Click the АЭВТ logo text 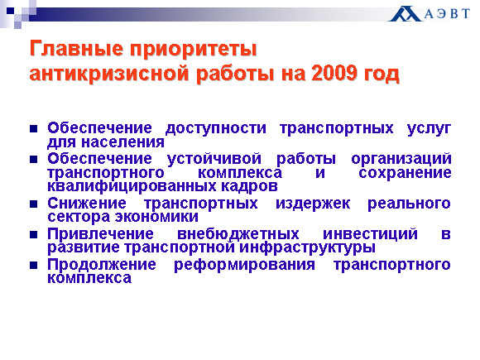coord(447,14)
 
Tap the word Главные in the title coord(76,48)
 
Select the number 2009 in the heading coord(334,73)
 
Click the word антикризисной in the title coord(109,74)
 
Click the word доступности coord(216,128)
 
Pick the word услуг coord(429,128)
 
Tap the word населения coord(123,142)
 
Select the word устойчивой coord(214,159)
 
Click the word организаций coord(401,159)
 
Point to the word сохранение coord(405,173)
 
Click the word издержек coord(313,204)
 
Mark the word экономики coord(156,217)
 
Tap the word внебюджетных coord(238,234)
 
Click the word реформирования coord(244,265)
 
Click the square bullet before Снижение coord(34,204)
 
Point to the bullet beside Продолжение coord(34,265)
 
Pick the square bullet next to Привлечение coord(34,235)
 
